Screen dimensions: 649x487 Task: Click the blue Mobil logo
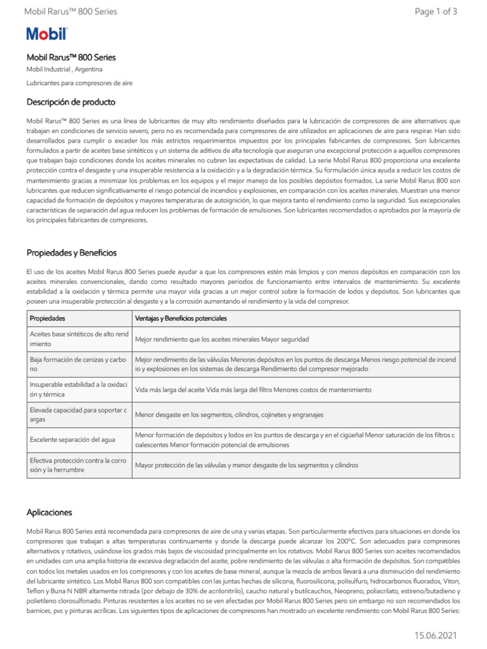[x=46, y=35]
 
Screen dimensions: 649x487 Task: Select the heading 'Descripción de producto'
[x=70, y=102]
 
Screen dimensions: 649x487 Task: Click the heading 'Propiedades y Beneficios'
[x=71, y=253]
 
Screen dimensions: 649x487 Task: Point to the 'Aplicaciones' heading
[x=49, y=511]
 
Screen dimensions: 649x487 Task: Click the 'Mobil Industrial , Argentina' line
[x=64, y=69]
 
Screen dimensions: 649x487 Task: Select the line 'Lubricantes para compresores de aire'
[x=79, y=83]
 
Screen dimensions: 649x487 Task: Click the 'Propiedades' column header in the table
[x=48, y=318]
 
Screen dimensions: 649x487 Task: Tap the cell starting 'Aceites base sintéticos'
[x=79, y=339]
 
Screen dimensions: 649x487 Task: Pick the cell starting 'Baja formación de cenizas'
[x=79, y=364]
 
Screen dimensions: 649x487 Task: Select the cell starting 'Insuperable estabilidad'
[x=79, y=389]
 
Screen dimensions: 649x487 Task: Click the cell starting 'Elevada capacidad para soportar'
[x=79, y=414]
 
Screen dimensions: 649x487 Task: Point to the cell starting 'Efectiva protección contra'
[x=79, y=465]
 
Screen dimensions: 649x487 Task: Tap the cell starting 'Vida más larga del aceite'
[x=253, y=389]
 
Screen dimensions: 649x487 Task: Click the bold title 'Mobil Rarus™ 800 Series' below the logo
[x=71, y=57]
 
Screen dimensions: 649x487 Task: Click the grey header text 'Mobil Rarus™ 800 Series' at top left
[x=70, y=11]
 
